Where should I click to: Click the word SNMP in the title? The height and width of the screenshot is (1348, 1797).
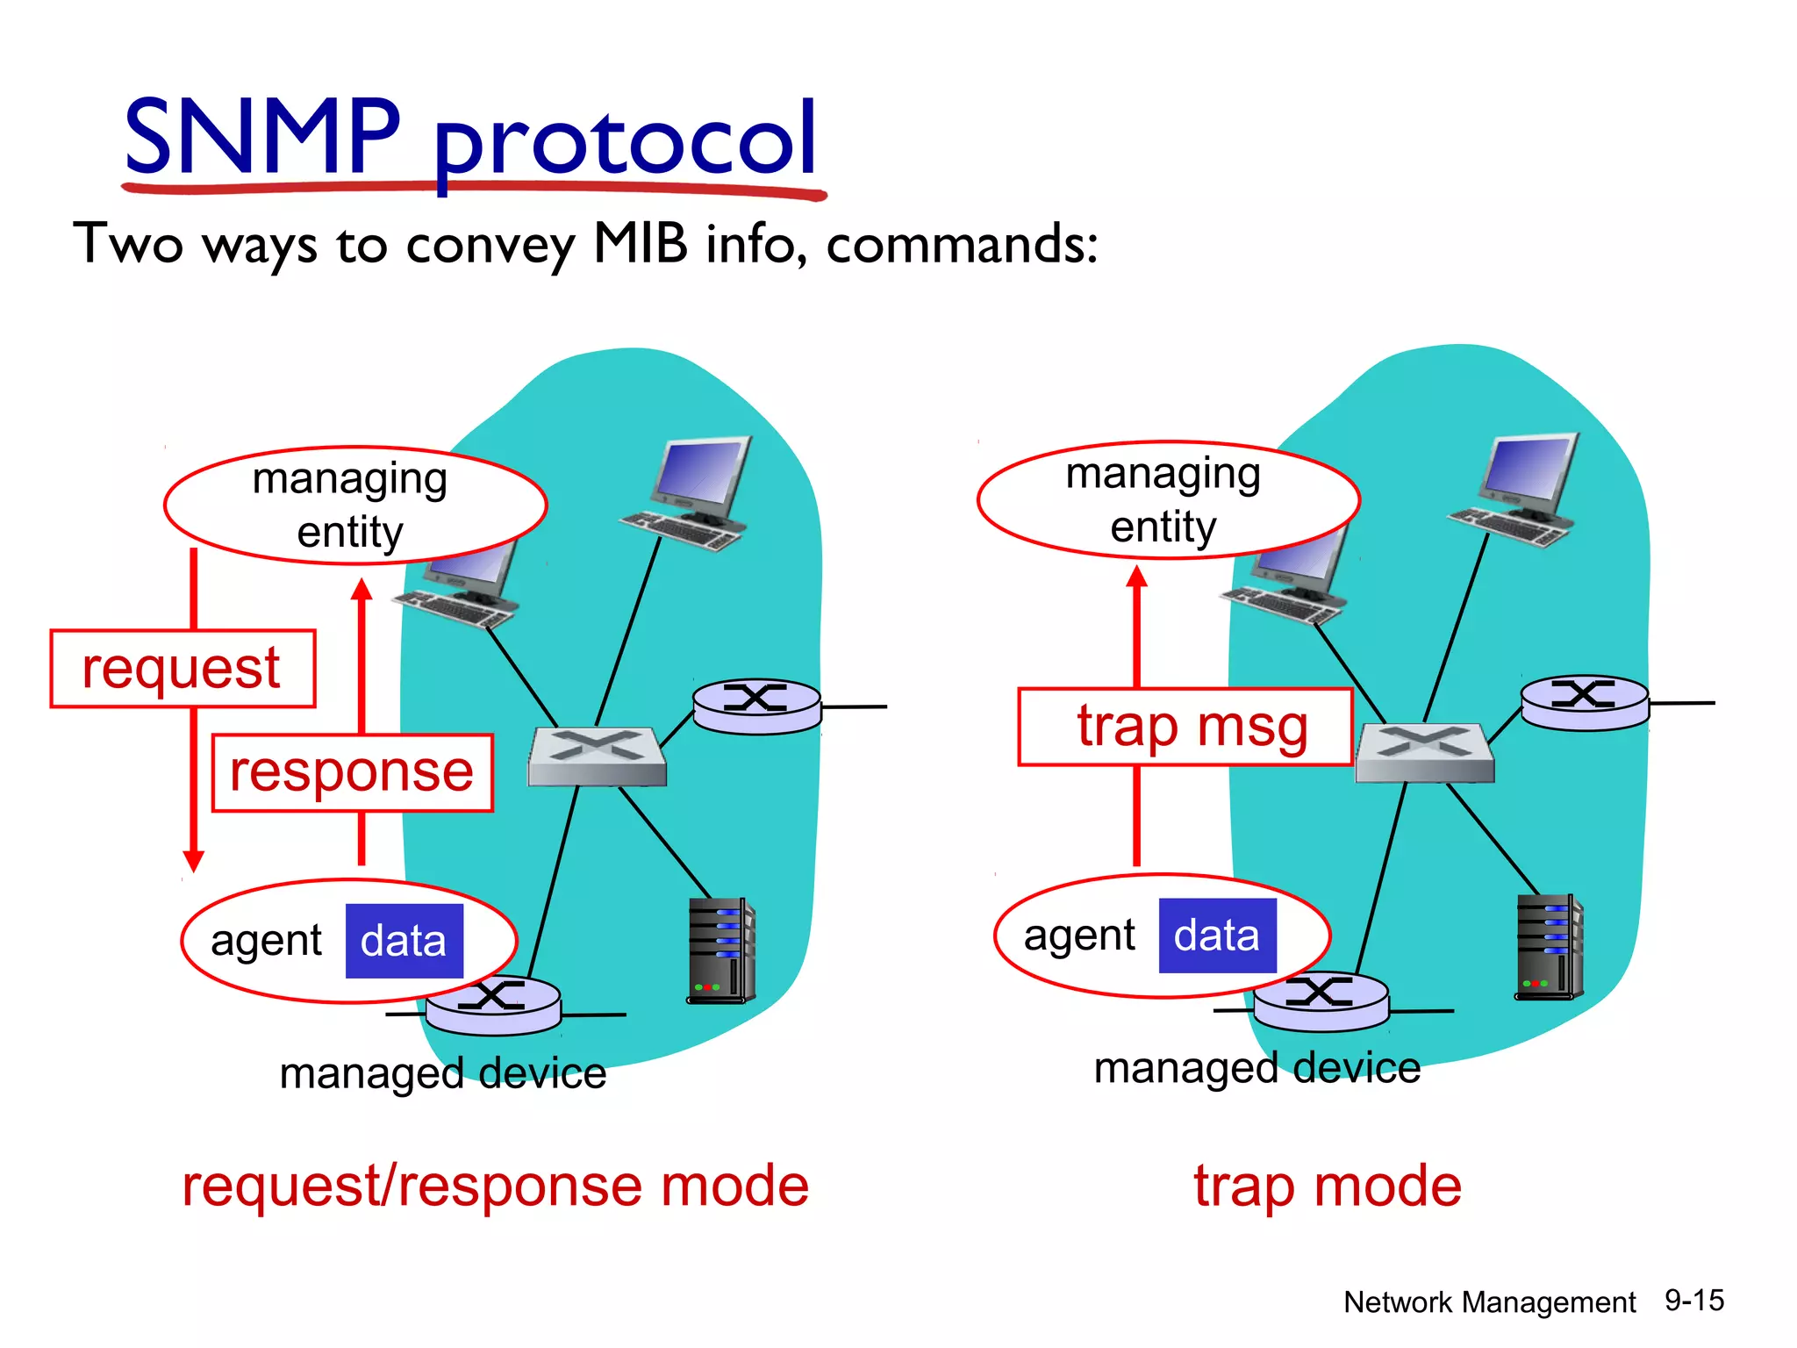261,137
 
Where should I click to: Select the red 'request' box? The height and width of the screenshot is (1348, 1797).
183,668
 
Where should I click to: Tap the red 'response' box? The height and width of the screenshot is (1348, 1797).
352,772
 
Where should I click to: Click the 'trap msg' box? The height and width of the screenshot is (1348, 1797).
1185,727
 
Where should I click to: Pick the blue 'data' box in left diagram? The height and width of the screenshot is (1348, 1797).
404,941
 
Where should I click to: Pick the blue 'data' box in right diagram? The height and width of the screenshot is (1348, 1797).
1217,936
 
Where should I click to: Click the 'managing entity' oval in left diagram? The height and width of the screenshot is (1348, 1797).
354,505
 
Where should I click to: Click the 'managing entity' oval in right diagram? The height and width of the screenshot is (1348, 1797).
1168,499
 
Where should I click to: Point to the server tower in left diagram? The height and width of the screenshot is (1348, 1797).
720,950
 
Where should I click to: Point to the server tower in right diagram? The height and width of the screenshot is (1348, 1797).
1549,947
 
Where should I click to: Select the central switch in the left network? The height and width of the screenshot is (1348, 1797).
597,756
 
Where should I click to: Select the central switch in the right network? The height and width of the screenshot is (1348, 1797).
1424,752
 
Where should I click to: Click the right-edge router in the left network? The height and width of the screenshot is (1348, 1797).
756,706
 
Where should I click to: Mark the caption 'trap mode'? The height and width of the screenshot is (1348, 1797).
1327,1186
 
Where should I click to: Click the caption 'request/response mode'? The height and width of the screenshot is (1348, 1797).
495,1186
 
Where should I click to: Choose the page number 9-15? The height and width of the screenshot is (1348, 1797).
1693,1300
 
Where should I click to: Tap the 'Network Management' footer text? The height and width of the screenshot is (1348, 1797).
1489,1302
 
